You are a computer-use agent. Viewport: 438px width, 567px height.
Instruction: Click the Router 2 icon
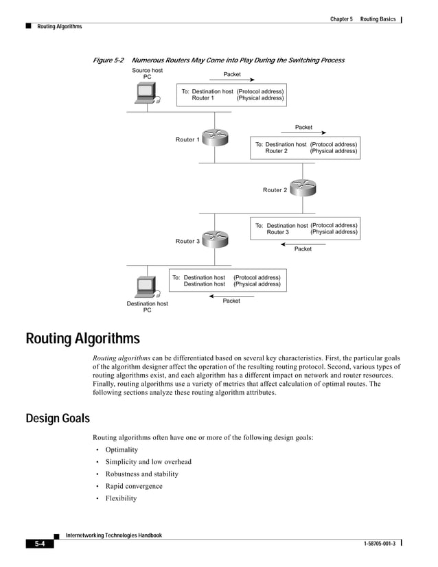coord(301,187)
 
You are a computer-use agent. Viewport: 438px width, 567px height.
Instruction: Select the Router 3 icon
coord(214,238)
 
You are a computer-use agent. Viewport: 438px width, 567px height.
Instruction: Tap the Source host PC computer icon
coord(146,94)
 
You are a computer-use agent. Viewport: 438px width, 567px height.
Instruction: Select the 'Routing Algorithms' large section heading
coord(82,339)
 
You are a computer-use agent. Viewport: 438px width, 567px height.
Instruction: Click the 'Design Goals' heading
coord(57,418)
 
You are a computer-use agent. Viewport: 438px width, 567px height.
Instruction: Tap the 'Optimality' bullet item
coord(122,450)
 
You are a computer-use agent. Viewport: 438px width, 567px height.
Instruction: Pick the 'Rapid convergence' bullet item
coord(133,486)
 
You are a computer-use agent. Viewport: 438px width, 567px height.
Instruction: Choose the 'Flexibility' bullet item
coord(121,498)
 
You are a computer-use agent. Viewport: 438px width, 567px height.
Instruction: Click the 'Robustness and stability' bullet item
coord(141,474)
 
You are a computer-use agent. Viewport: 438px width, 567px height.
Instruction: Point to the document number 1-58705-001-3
coord(374,544)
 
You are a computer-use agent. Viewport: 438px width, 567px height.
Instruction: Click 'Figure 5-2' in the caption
coord(108,60)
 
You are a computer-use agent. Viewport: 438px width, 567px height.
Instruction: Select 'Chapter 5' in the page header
coord(341,19)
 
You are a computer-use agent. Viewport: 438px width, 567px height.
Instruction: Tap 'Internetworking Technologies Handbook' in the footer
coord(113,535)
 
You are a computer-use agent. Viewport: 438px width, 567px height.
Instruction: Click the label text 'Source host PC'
coord(147,73)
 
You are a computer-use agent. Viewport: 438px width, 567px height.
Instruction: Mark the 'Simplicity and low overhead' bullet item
coord(148,462)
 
